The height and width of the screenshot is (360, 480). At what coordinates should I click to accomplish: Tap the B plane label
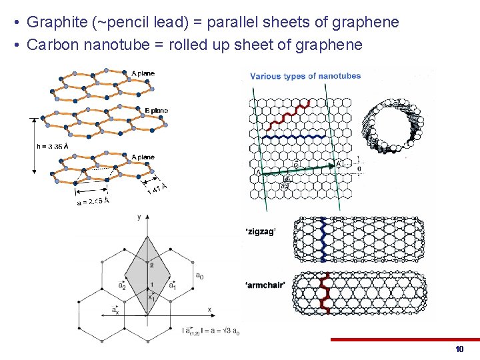pyautogui.click(x=156, y=110)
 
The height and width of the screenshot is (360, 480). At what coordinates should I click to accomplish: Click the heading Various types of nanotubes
pyautogui.click(x=305, y=76)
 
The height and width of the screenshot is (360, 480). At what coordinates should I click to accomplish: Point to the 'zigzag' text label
pyautogui.click(x=261, y=232)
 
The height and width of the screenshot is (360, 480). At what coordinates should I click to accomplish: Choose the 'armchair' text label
pyautogui.click(x=265, y=285)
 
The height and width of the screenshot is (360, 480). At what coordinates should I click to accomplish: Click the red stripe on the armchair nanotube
pyautogui.click(x=325, y=293)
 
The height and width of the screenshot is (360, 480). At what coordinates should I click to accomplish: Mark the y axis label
pyautogui.click(x=139, y=216)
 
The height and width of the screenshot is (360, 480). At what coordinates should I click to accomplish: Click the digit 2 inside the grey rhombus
pyautogui.click(x=151, y=265)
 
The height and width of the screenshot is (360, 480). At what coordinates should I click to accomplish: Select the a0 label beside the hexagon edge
pyautogui.click(x=199, y=275)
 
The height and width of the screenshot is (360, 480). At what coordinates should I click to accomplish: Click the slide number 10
pyautogui.click(x=459, y=349)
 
